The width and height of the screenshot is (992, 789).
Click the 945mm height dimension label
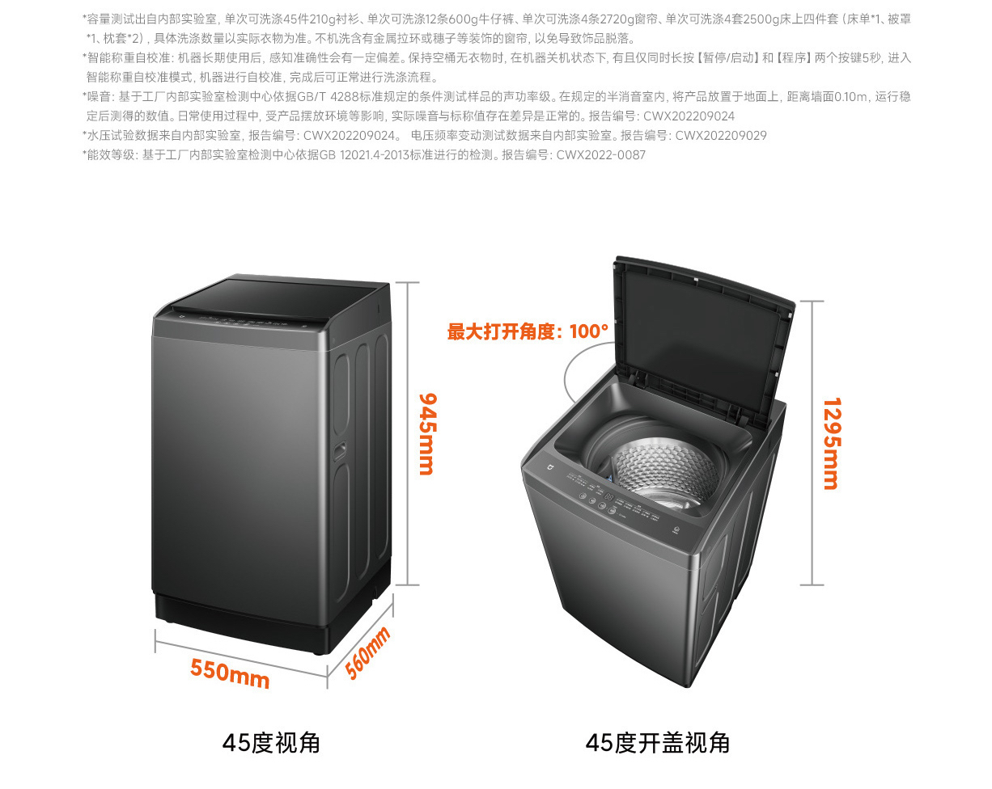[426, 433]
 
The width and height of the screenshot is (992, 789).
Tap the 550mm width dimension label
[230, 672]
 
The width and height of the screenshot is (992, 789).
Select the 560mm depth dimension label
[367, 652]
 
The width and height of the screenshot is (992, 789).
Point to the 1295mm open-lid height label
[831, 443]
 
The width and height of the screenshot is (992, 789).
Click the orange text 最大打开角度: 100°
[528, 331]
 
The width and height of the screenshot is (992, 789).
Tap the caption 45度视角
[271, 743]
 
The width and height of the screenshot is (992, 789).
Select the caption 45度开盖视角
[657, 743]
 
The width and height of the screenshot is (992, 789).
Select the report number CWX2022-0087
[601, 155]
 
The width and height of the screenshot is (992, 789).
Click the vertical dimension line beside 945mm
[407, 433]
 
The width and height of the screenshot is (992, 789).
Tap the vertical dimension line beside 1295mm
[812, 443]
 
